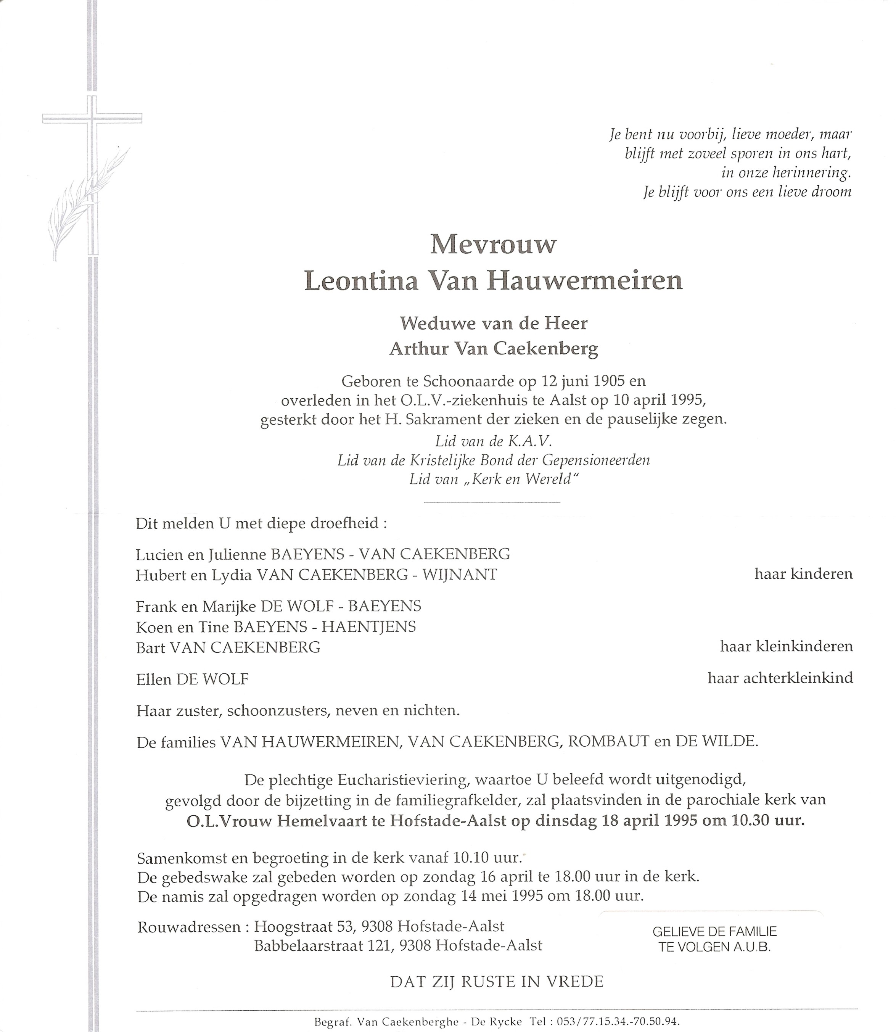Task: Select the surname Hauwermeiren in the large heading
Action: point(585,282)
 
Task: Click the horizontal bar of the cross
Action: point(93,119)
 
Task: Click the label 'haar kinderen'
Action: point(803,574)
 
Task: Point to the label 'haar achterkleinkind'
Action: point(780,678)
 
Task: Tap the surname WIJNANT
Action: point(460,575)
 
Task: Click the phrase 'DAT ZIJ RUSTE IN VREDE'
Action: point(497,982)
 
